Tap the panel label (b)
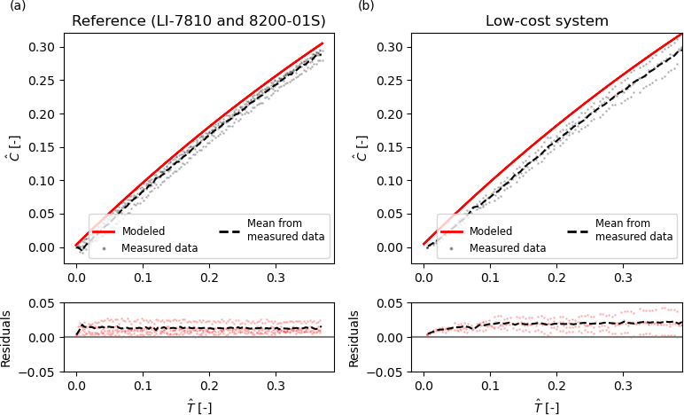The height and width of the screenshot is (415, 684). [366, 6]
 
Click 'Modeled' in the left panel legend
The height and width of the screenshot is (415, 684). [144, 231]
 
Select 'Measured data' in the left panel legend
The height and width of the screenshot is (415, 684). [159, 248]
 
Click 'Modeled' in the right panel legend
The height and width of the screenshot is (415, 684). [492, 231]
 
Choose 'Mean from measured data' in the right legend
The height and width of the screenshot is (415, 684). [633, 230]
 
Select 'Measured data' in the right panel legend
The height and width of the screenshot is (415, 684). [508, 248]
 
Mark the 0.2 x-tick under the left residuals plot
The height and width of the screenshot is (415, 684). [209, 387]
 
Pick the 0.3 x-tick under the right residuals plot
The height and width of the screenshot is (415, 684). [623, 387]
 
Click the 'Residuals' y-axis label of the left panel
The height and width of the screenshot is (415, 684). [7, 338]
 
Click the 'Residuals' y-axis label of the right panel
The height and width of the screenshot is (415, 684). [355, 338]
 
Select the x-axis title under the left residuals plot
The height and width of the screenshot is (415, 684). [198, 406]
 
